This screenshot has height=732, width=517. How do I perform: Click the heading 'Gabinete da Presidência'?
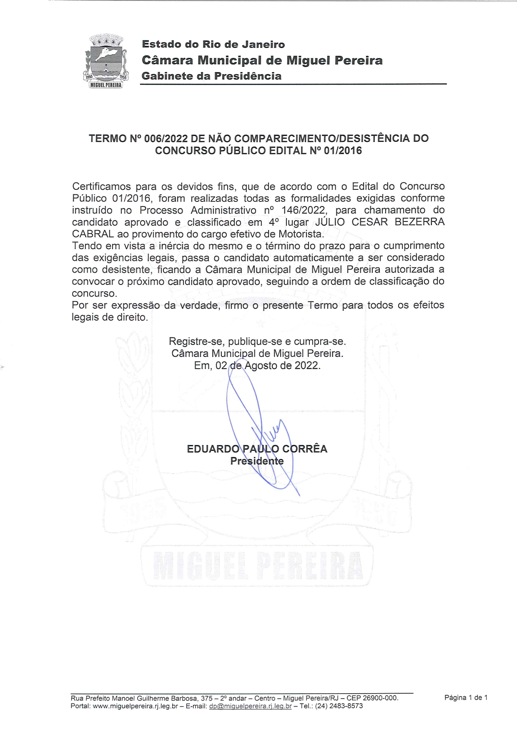coord(211,76)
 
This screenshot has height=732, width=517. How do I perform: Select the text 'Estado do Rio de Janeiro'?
coord(213,44)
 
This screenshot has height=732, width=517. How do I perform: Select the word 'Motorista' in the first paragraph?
coord(300,234)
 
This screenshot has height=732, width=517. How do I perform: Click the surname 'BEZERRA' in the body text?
coord(419,222)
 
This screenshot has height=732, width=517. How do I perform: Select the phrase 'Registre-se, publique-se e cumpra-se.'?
coord(257,342)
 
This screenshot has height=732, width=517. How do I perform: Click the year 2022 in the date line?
coord(306,366)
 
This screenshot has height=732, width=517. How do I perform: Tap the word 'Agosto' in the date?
coord(261,366)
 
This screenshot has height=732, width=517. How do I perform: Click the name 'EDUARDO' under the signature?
coord(213,449)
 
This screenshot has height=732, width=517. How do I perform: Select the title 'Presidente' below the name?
coord(257,461)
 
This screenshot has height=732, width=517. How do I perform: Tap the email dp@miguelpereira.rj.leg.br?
coord(250,706)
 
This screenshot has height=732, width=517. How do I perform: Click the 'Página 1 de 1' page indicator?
coord(466,697)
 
